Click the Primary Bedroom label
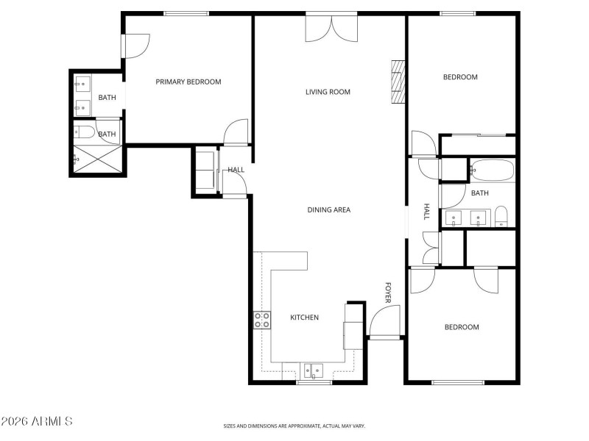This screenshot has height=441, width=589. (188, 82)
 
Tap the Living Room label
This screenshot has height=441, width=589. (328, 92)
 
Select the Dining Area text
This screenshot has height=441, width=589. (328, 209)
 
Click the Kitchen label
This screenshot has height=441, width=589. (304, 318)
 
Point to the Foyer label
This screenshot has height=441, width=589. (387, 293)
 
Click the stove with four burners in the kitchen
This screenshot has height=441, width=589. (262, 320)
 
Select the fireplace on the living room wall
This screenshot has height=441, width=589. (398, 82)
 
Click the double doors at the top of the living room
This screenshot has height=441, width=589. (331, 27)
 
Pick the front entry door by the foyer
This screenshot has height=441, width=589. (384, 323)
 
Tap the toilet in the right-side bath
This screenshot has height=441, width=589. (501, 216)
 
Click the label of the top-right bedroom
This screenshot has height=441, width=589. (460, 77)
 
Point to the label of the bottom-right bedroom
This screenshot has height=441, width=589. (462, 327)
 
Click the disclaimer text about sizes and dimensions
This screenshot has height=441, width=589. (294, 426)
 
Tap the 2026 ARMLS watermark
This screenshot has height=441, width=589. (37, 421)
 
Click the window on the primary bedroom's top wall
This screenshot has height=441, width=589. (186, 13)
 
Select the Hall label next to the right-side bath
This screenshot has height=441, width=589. (426, 212)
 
